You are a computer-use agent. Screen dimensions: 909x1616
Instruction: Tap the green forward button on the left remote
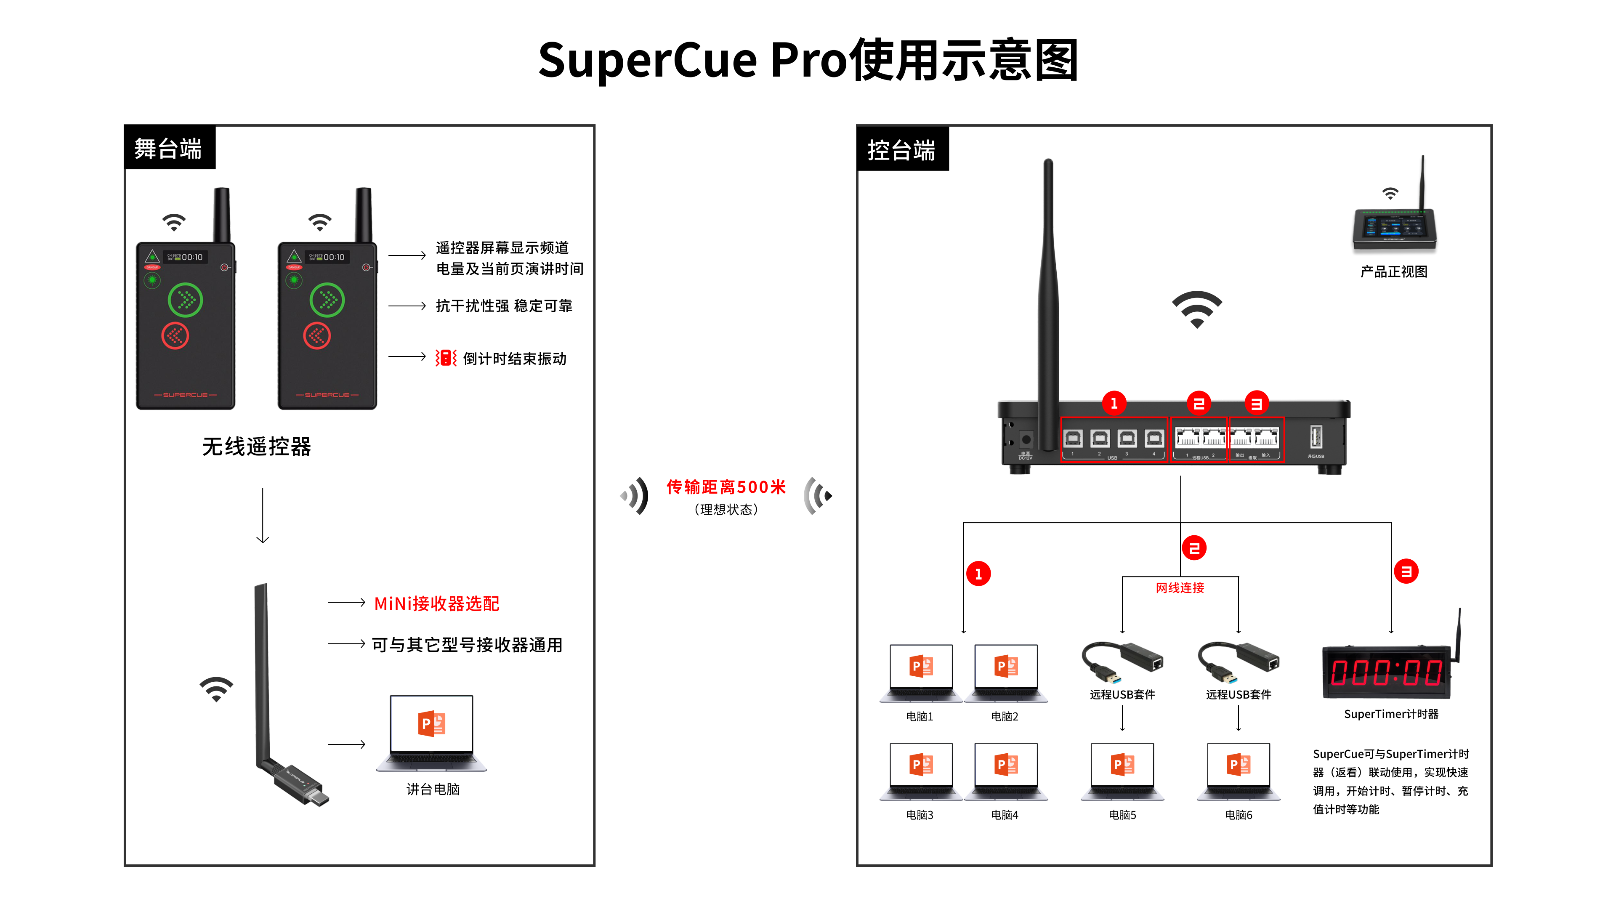(185, 300)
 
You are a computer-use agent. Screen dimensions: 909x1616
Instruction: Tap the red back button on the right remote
(317, 336)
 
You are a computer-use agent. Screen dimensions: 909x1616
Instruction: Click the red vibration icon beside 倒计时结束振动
(445, 358)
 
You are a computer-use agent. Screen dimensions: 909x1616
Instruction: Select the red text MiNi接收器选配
(437, 603)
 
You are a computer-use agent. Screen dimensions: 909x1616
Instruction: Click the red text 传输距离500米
(726, 487)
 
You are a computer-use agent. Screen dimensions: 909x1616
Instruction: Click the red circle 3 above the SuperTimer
(1406, 571)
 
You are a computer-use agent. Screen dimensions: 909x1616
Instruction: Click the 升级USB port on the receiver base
(1316, 437)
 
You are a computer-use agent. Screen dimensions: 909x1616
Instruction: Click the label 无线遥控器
(257, 447)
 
